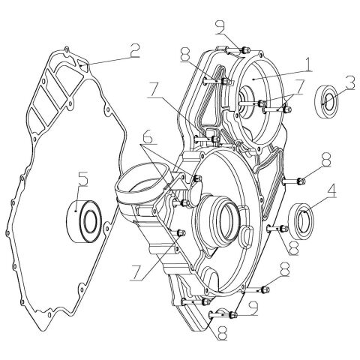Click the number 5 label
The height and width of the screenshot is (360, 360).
pyautogui.click(x=83, y=179)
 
